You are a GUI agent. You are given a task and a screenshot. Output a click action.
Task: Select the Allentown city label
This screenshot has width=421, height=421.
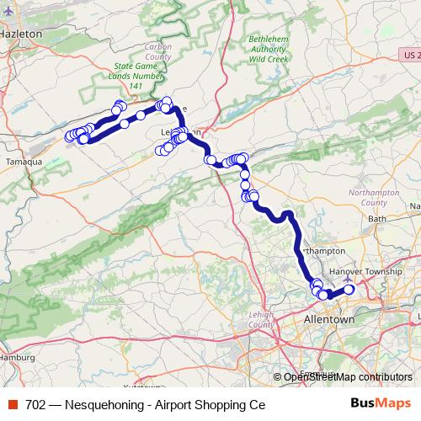tap(328, 322)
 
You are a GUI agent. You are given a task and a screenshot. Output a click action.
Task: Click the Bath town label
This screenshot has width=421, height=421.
tap(376, 218)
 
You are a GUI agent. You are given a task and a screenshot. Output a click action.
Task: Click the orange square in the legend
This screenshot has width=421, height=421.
tap(12, 404)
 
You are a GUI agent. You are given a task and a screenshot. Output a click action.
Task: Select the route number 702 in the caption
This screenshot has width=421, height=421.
tap(35, 404)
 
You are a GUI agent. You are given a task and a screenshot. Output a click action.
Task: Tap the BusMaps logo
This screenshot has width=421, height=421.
tap(380, 403)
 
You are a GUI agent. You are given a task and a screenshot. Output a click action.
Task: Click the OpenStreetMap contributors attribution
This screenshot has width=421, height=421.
tap(348, 376)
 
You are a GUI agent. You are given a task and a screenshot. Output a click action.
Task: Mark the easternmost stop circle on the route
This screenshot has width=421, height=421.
tap(349, 290)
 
